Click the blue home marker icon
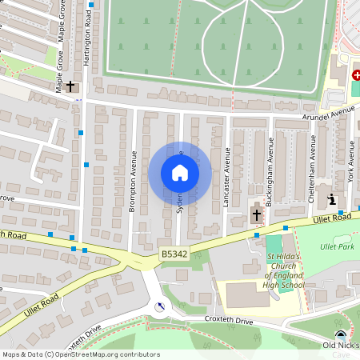tap(180, 172)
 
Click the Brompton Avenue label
tap(134, 182)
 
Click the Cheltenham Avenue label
tap(313, 169)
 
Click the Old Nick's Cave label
tap(341, 349)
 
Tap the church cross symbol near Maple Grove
tap(70, 85)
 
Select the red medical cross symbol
tap(356, 74)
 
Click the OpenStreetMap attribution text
tap(81, 354)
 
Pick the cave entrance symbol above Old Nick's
tap(342, 335)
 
